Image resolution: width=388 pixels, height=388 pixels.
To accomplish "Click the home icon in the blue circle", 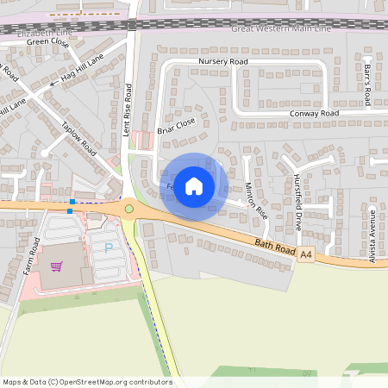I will point(194,185).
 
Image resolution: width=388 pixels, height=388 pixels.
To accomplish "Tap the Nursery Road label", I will point(222,62).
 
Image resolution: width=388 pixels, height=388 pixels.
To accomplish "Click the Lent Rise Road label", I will point(127,109).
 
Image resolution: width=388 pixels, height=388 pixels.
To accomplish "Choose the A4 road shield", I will point(306,254).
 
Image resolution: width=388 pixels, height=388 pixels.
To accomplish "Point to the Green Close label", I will point(47,41).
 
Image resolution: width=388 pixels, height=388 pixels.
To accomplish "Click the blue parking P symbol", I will point(108,247).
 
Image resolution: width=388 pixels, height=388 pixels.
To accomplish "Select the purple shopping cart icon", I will point(57,267).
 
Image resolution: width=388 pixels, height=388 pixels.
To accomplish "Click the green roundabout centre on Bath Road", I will point(129,208).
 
